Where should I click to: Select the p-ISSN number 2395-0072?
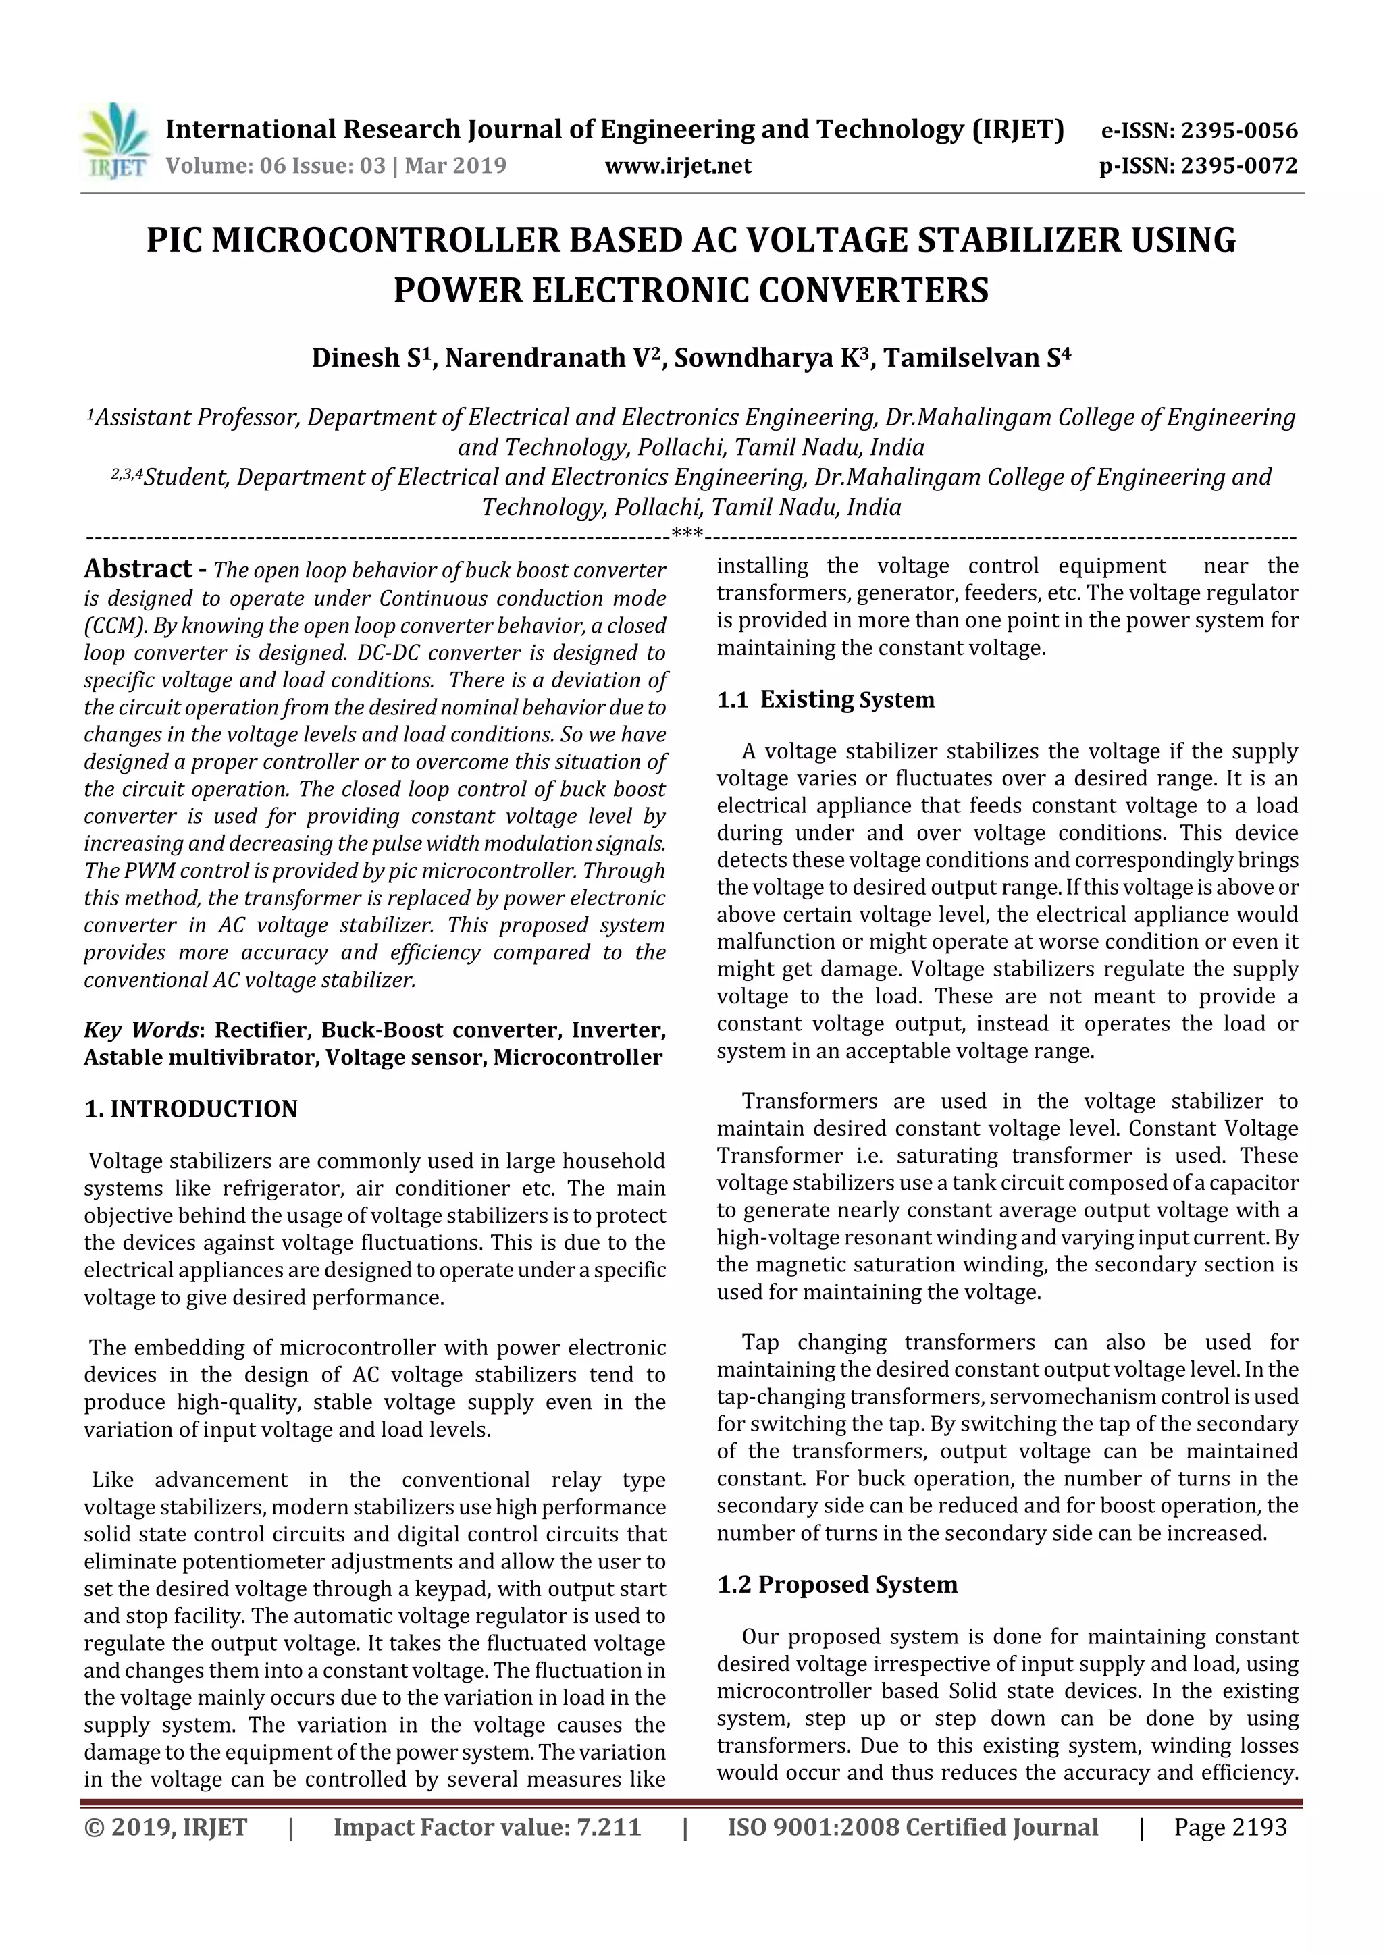(x=1238, y=165)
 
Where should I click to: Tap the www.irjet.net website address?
(x=677, y=165)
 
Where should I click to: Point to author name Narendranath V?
(x=553, y=358)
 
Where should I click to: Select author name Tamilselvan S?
(x=976, y=358)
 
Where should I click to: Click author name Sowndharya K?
(x=775, y=358)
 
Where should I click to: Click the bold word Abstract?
(x=138, y=569)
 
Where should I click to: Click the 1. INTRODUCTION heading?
(x=191, y=1109)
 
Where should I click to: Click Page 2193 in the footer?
(x=1230, y=1826)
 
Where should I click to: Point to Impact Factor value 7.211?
(x=487, y=1826)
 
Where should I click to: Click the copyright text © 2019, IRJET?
(x=165, y=1826)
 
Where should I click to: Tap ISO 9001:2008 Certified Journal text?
(x=912, y=1826)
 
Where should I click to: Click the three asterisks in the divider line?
(x=687, y=534)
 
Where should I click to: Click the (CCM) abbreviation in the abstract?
(x=105, y=626)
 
